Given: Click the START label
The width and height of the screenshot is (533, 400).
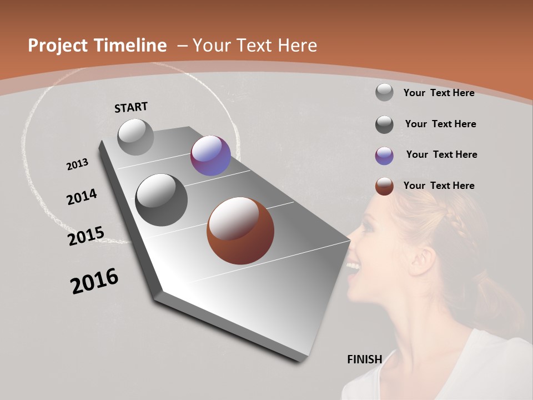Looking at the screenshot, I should pos(131,107).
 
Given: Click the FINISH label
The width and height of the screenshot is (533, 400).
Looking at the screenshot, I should pos(364,359).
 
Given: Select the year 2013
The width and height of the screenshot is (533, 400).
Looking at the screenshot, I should pos(78,164).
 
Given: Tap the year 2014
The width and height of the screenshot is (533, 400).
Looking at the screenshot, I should pos(82,197).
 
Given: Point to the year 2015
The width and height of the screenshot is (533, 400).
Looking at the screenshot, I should pos(86,236).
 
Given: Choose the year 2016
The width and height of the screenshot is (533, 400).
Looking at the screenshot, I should pos(94,281).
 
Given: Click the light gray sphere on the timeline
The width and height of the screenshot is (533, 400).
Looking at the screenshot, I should pos(136,137).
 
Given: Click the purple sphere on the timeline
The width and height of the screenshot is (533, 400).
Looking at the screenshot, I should pos(210,156).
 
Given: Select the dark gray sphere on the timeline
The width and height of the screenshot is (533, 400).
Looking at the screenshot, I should pos(162,200).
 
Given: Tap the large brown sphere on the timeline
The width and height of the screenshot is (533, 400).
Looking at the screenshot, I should pos(240,231).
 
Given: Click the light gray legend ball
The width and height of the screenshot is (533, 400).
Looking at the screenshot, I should pos(384,92).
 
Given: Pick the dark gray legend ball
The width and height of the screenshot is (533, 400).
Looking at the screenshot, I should pos(384,124).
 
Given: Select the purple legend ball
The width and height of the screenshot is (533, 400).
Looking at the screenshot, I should pos(384,156).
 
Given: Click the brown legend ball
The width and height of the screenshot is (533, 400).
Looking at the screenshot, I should pos(384,186).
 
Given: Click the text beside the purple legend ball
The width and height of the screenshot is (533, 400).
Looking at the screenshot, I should pos(441,154).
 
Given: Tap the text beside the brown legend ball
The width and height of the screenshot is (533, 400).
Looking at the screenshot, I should pos(439,186).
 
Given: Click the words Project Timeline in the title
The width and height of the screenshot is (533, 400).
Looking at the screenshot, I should pos(97,46).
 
